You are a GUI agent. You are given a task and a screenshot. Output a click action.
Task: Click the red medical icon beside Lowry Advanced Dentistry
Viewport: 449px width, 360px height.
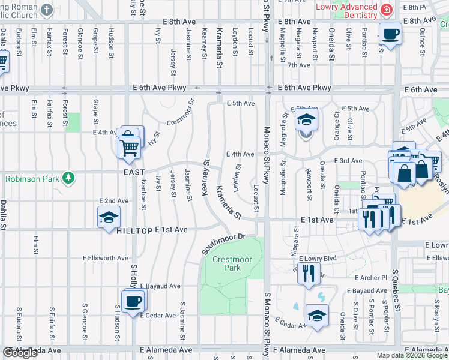(387, 9)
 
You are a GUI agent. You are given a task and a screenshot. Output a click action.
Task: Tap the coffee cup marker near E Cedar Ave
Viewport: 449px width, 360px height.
(133, 301)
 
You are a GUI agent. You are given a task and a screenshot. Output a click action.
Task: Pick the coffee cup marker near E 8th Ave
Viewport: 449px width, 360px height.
(390, 34)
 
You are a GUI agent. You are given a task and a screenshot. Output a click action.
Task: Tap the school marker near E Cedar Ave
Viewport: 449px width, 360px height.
(316, 316)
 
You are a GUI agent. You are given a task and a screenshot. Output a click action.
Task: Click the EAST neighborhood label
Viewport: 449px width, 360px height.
(134, 172)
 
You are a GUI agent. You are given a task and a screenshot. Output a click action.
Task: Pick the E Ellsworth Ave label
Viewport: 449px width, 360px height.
(106, 258)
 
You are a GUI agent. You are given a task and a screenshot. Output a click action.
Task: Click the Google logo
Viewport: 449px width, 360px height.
(20, 353)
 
